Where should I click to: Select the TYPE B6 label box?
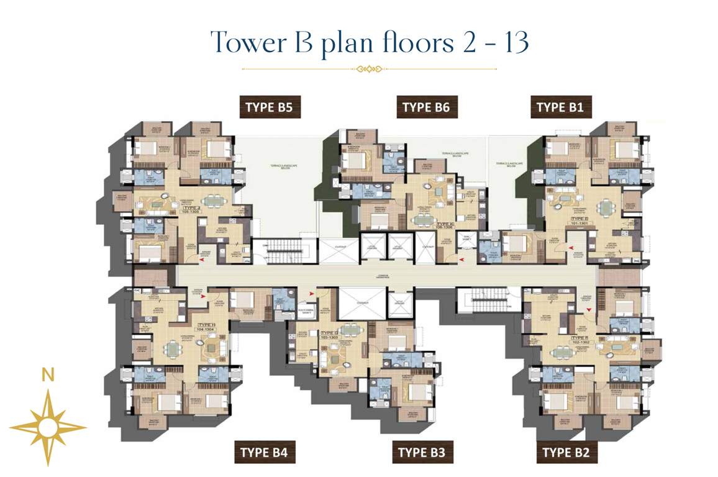[425, 107]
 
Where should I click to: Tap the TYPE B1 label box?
[560, 107]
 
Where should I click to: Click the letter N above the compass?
[47, 375]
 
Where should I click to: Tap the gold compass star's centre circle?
[48, 427]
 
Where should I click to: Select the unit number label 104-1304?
[206, 328]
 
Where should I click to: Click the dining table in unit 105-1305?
[212, 201]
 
